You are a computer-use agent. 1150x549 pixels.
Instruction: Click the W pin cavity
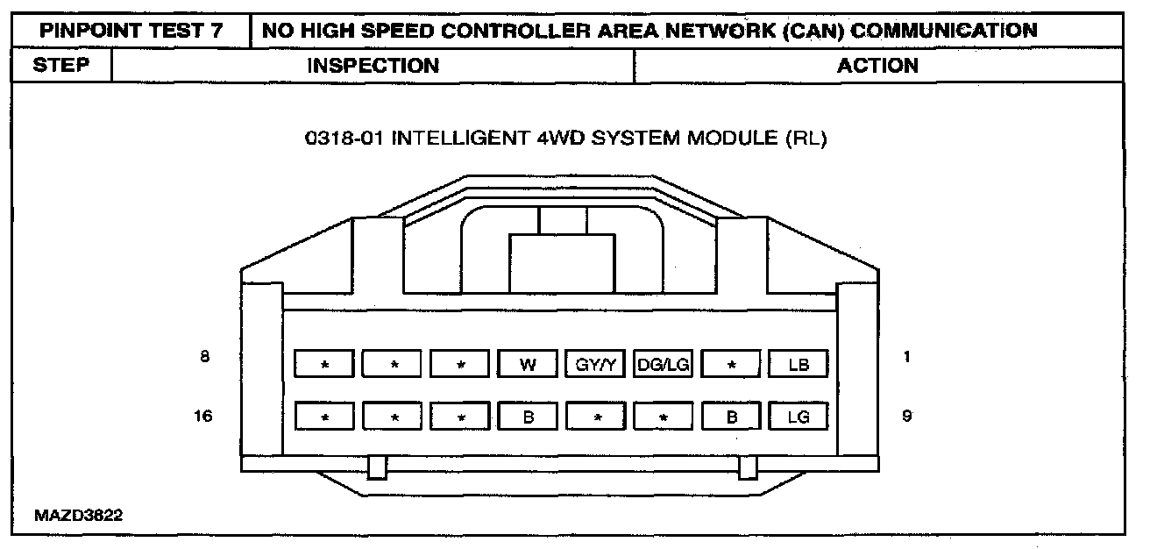pyautogui.click(x=528, y=364)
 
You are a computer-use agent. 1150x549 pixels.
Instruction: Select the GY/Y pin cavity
pyautogui.click(x=596, y=364)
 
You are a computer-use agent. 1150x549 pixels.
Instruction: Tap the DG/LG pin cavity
pyautogui.click(x=664, y=364)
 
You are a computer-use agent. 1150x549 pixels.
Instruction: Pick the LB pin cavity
pyautogui.click(x=799, y=364)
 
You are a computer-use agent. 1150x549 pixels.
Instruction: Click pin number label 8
pyautogui.click(x=204, y=358)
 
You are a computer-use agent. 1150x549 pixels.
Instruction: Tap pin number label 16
pyautogui.click(x=203, y=416)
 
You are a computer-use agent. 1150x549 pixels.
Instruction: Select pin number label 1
pyautogui.click(x=906, y=358)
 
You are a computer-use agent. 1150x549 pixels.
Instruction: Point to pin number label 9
pyautogui.click(x=906, y=416)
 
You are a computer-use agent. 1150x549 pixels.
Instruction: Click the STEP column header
pyautogui.click(x=61, y=66)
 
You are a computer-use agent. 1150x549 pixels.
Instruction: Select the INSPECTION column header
pyautogui.click(x=373, y=66)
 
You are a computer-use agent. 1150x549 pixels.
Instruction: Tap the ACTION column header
pyautogui.click(x=877, y=66)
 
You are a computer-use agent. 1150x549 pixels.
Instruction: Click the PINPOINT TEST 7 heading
pyautogui.click(x=131, y=31)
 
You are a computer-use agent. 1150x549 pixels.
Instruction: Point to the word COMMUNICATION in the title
pyautogui.click(x=945, y=31)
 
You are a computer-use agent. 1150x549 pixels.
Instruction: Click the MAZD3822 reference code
pyautogui.click(x=79, y=516)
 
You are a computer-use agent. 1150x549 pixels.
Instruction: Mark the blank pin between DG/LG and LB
pyautogui.click(x=731, y=364)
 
